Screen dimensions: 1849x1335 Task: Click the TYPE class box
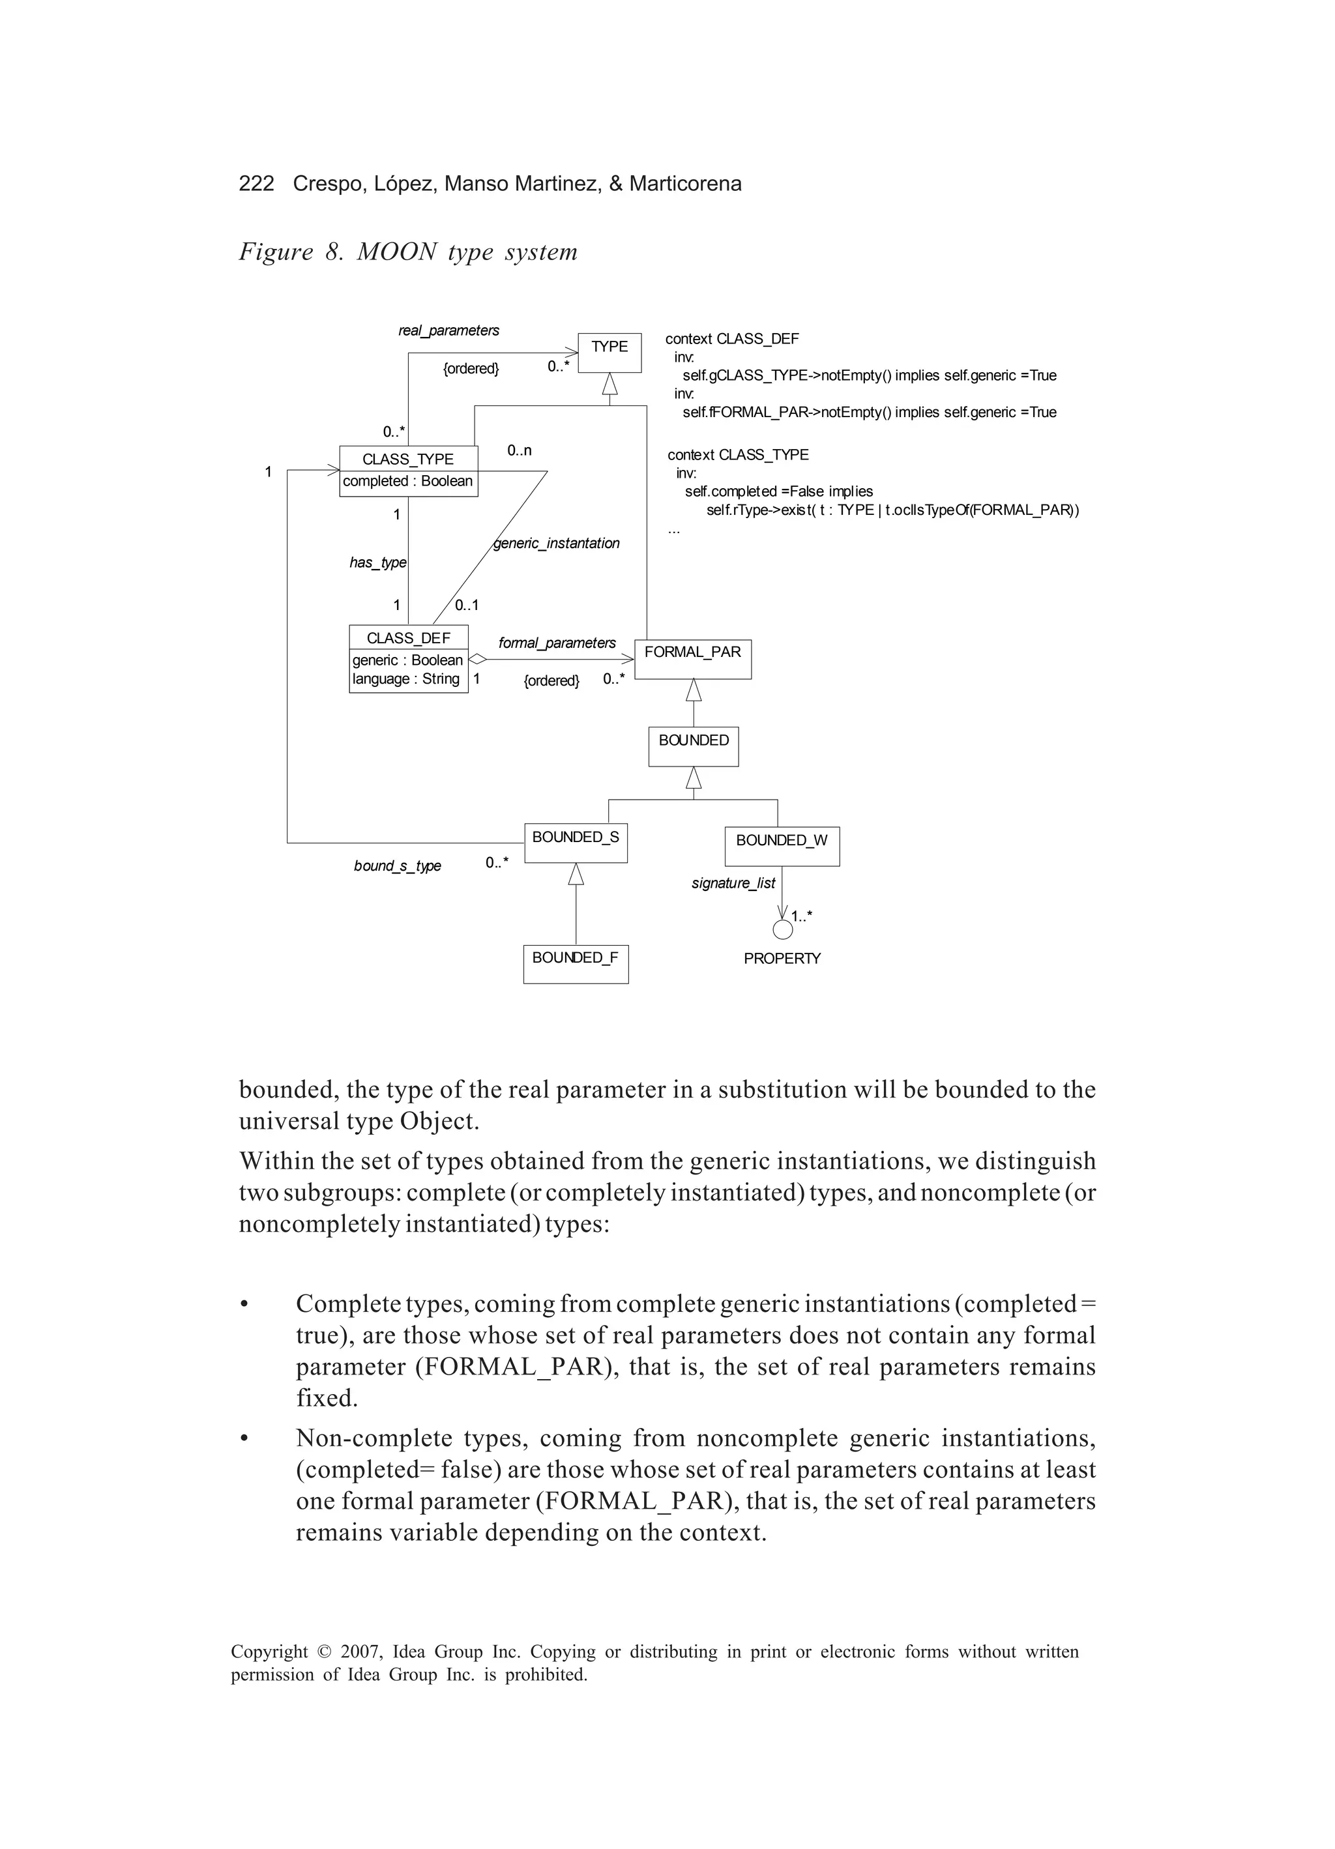click(609, 352)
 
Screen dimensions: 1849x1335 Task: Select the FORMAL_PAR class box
click(692, 659)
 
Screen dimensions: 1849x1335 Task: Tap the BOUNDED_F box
click(576, 964)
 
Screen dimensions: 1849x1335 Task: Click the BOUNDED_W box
click(782, 845)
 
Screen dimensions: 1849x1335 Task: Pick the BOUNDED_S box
click(576, 843)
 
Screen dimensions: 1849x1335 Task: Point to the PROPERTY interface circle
click(782, 929)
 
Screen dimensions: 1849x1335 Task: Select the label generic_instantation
click(556, 543)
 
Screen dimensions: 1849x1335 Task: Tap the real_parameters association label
click(448, 330)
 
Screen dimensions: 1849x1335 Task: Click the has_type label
click(377, 562)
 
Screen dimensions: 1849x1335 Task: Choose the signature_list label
click(733, 883)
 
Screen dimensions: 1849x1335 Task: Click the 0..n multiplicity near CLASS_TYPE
click(520, 450)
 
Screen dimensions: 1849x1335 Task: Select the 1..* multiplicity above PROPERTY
click(801, 916)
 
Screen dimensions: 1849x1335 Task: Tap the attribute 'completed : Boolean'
click(408, 481)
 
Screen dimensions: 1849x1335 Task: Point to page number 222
click(256, 183)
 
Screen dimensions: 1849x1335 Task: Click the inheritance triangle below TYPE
click(610, 384)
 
